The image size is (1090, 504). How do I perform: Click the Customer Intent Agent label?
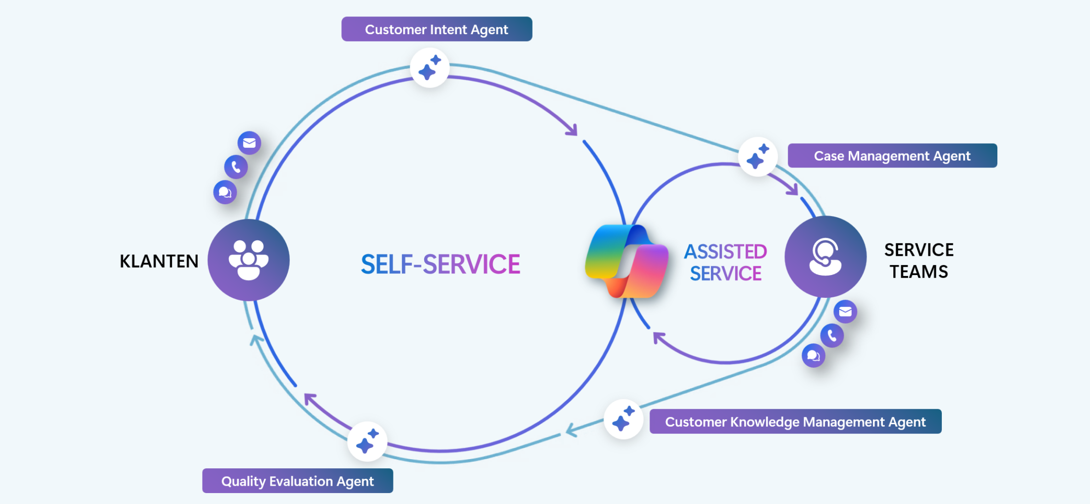coord(436,29)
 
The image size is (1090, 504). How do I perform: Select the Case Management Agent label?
coord(892,156)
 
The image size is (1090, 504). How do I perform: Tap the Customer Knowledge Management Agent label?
coord(795,422)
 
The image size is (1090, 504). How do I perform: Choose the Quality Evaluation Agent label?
coord(297,481)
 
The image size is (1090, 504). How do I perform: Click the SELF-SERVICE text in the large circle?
coord(440,264)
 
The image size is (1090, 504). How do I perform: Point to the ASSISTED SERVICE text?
coord(725,263)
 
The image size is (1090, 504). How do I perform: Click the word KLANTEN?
coord(159,261)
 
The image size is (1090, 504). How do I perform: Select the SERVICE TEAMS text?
coord(919,261)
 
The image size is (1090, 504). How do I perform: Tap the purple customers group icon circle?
coord(248,260)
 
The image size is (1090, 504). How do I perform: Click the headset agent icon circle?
coord(825,257)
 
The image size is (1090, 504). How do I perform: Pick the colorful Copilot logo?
coord(626,261)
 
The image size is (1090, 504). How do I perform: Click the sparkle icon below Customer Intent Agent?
coord(430,68)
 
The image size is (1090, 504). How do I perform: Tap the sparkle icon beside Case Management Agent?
coord(758,157)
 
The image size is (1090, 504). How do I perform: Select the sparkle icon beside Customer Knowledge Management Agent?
coord(623,419)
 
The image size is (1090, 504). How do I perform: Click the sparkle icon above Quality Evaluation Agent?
coord(367,441)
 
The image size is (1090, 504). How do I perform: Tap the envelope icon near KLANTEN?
coord(249,143)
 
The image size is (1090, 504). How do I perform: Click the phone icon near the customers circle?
coord(236,167)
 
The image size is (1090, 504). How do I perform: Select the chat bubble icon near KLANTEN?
coord(225,192)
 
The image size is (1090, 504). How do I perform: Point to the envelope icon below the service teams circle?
coord(845,312)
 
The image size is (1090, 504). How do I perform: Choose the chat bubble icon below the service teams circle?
coord(813,355)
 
